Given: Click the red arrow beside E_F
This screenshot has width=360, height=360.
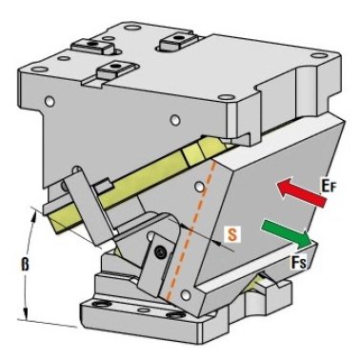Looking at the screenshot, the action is click(301, 192).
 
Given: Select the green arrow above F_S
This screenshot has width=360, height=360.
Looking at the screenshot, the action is click(286, 234).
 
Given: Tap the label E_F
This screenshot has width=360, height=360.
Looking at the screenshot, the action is click(328, 187).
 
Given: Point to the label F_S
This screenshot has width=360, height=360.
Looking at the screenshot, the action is click(298, 262).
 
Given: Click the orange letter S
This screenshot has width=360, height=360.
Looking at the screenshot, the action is click(232, 235).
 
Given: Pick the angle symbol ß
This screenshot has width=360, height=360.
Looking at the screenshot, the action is click(25, 265).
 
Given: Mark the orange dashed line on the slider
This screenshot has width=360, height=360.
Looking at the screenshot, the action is click(191, 230).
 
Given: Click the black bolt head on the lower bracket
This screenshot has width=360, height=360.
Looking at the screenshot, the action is click(160, 252).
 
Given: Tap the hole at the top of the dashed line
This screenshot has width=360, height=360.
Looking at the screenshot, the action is click(199, 187).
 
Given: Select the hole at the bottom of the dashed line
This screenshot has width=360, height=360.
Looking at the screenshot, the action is click(185, 295).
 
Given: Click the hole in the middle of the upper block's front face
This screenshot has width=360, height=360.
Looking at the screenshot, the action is click(174, 120).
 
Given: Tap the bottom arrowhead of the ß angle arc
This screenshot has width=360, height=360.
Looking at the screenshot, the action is click(27, 314).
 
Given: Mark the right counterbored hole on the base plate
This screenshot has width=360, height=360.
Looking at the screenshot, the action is click(173, 315).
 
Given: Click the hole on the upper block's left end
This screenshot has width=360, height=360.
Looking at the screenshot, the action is click(49, 101).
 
